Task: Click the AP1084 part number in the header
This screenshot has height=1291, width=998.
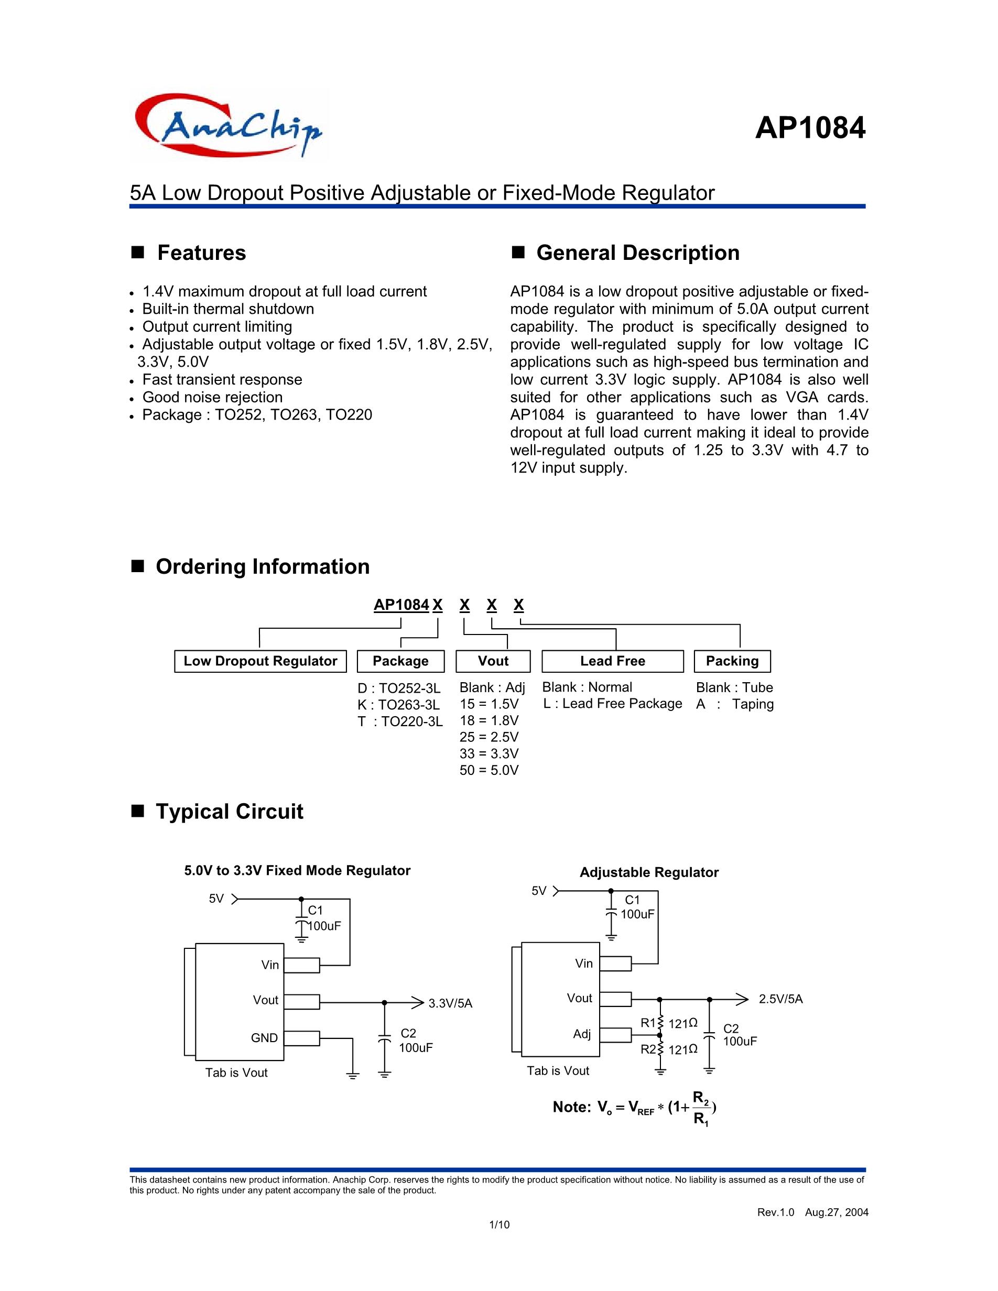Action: pyautogui.click(x=809, y=128)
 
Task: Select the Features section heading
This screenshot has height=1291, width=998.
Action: pyautogui.click(x=201, y=253)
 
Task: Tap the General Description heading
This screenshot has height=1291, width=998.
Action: pyautogui.click(x=637, y=253)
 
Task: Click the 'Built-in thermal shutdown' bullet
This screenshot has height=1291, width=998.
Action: pyautogui.click(x=228, y=309)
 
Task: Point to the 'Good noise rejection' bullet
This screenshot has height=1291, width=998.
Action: pyautogui.click(x=212, y=397)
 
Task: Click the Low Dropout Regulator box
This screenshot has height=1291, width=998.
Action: pyautogui.click(x=260, y=661)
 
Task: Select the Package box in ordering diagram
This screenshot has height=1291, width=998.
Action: pyautogui.click(x=400, y=661)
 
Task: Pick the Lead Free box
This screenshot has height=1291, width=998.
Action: pyautogui.click(x=613, y=661)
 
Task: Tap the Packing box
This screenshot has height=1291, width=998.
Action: pyautogui.click(x=732, y=661)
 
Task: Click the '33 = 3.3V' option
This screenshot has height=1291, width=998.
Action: pyautogui.click(x=489, y=753)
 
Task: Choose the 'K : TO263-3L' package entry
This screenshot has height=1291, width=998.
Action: pyautogui.click(x=398, y=705)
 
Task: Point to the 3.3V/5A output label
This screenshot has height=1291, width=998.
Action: pyautogui.click(x=451, y=1003)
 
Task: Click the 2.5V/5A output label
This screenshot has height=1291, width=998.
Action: pyautogui.click(x=780, y=999)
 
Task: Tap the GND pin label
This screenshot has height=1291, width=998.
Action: pyautogui.click(x=264, y=1038)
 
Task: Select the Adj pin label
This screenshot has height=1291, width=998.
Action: pyautogui.click(x=582, y=1034)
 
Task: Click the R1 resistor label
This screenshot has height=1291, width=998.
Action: pyautogui.click(x=648, y=1023)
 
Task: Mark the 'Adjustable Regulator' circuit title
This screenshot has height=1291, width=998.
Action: pyautogui.click(x=648, y=872)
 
